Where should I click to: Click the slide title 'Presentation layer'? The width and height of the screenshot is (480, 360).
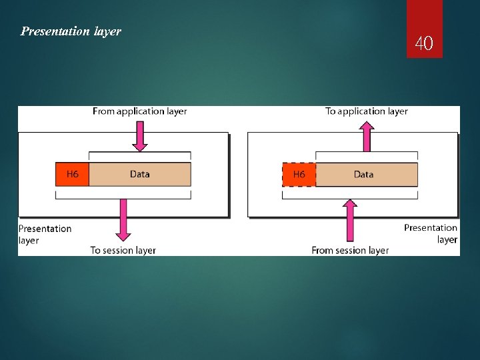71,31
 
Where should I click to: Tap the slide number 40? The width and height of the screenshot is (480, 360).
424,44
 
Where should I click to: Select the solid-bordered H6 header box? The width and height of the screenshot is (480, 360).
72,174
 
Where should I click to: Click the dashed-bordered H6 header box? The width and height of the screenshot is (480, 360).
299,175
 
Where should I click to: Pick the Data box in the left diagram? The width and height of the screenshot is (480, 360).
139,174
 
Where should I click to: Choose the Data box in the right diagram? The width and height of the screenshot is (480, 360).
365,175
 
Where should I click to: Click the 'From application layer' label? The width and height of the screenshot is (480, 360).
139,111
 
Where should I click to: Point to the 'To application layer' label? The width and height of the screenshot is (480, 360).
366,111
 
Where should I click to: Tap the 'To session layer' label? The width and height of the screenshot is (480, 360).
123,251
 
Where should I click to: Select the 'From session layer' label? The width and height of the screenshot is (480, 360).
350,251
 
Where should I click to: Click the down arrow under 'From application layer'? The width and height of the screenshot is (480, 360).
139,136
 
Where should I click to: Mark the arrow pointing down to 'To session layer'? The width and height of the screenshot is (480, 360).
123,220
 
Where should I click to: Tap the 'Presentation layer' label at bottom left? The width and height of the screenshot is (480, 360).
44,234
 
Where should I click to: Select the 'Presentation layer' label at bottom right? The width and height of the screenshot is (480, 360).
431,233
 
